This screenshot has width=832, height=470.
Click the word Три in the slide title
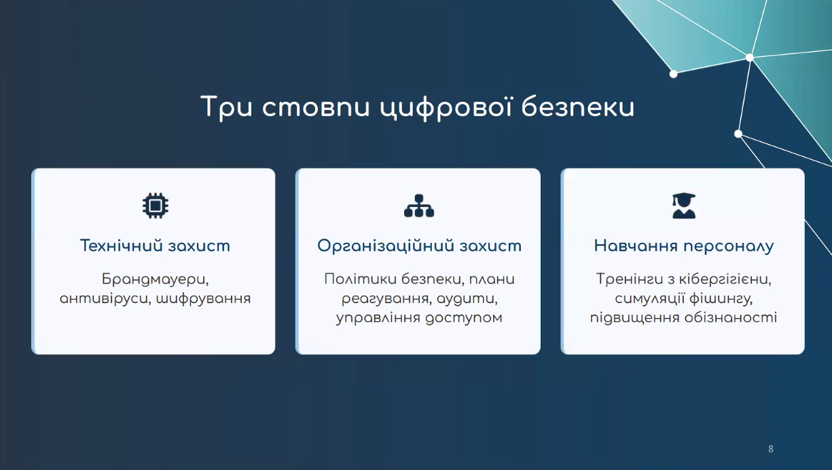(x=227, y=107)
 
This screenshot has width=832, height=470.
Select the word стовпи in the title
(x=316, y=108)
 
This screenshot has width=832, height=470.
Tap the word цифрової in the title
(x=446, y=108)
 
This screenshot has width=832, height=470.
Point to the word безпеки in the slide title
(x=578, y=107)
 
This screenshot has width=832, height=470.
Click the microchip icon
(x=156, y=205)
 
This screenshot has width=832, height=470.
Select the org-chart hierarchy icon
(x=419, y=205)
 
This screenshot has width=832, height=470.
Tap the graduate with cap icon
(x=684, y=205)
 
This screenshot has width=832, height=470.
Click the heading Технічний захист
(x=155, y=246)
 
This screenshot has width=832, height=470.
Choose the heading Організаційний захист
(x=419, y=246)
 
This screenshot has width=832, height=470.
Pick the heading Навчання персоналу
(x=684, y=246)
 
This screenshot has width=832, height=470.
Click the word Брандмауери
(x=156, y=279)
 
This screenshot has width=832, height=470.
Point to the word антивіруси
(x=105, y=299)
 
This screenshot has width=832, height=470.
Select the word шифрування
(x=204, y=299)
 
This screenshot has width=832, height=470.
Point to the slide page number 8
(x=771, y=449)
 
